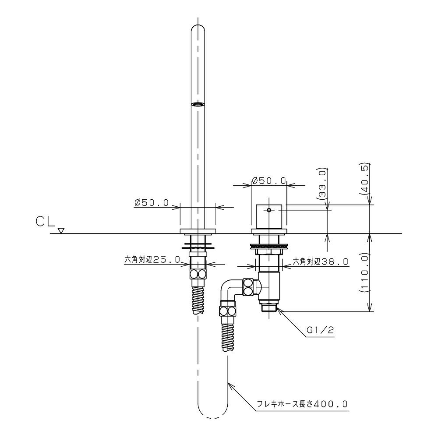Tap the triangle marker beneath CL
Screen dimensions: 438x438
click(61, 231)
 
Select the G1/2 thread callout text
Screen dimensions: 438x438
click(320, 330)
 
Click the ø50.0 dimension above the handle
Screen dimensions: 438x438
click(268, 180)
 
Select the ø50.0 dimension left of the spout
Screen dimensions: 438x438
click(151, 202)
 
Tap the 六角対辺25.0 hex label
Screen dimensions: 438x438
click(152, 260)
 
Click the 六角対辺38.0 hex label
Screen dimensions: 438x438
click(320, 261)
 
